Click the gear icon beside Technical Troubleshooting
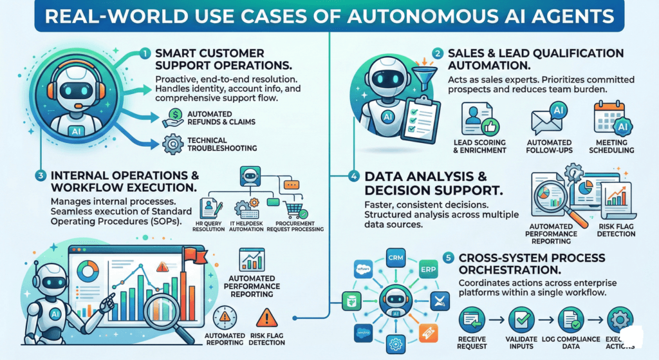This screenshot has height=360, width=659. pyautogui.click(x=171, y=144)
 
